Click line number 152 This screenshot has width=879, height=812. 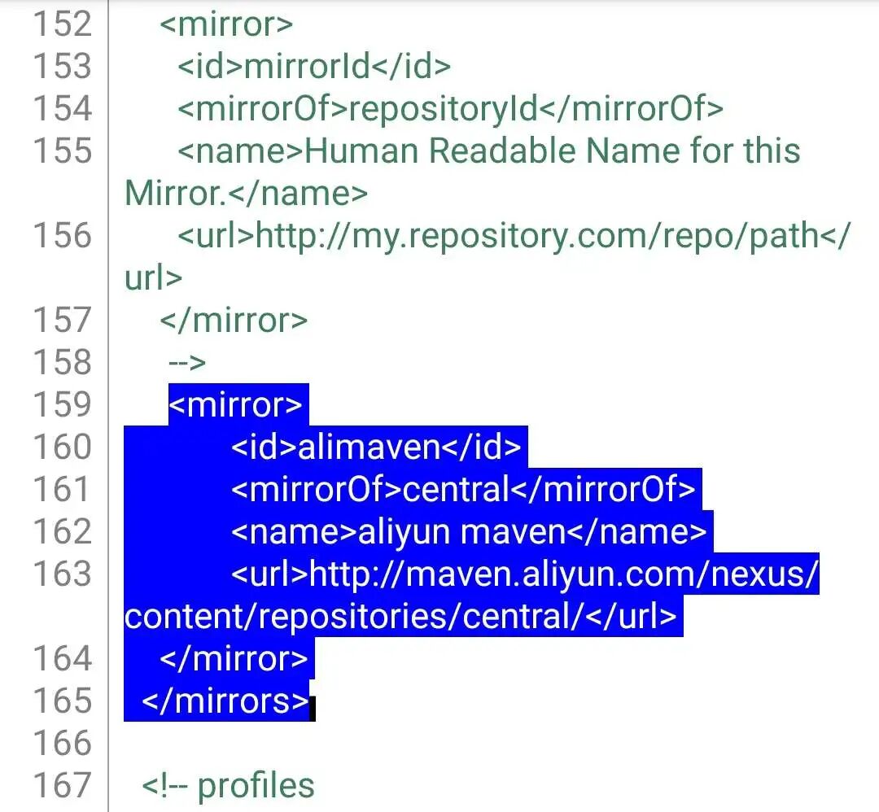pyautogui.click(x=62, y=24)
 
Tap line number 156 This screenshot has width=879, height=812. pyautogui.click(x=62, y=235)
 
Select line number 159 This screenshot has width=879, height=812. pyautogui.click(x=62, y=404)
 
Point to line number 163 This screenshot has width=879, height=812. pyautogui.click(x=62, y=574)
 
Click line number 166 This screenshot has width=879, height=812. pyautogui.click(x=62, y=743)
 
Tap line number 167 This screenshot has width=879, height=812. pyautogui.click(x=62, y=785)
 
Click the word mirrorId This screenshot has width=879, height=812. pyautogui.click(x=308, y=66)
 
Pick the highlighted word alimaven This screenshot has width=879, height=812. pyautogui.click(x=370, y=447)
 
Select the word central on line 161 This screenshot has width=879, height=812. pyautogui.click(x=456, y=489)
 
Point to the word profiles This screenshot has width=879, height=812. pyautogui.click(x=256, y=785)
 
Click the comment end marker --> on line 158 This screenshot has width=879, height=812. pyautogui.click(x=186, y=362)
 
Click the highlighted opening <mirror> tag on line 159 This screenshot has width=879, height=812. pyautogui.click(x=235, y=404)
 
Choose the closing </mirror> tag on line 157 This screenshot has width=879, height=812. pyautogui.click(x=234, y=320)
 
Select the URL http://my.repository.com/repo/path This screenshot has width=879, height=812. pyautogui.click(x=537, y=235)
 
